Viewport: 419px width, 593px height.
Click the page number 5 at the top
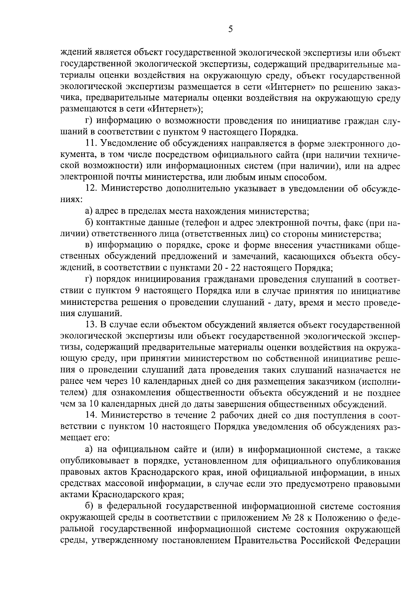point(230,29)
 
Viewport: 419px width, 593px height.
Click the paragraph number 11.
point(91,144)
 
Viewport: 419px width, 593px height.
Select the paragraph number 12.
point(91,189)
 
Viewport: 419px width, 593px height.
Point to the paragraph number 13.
point(91,325)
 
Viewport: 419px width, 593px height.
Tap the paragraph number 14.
point(91,415)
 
